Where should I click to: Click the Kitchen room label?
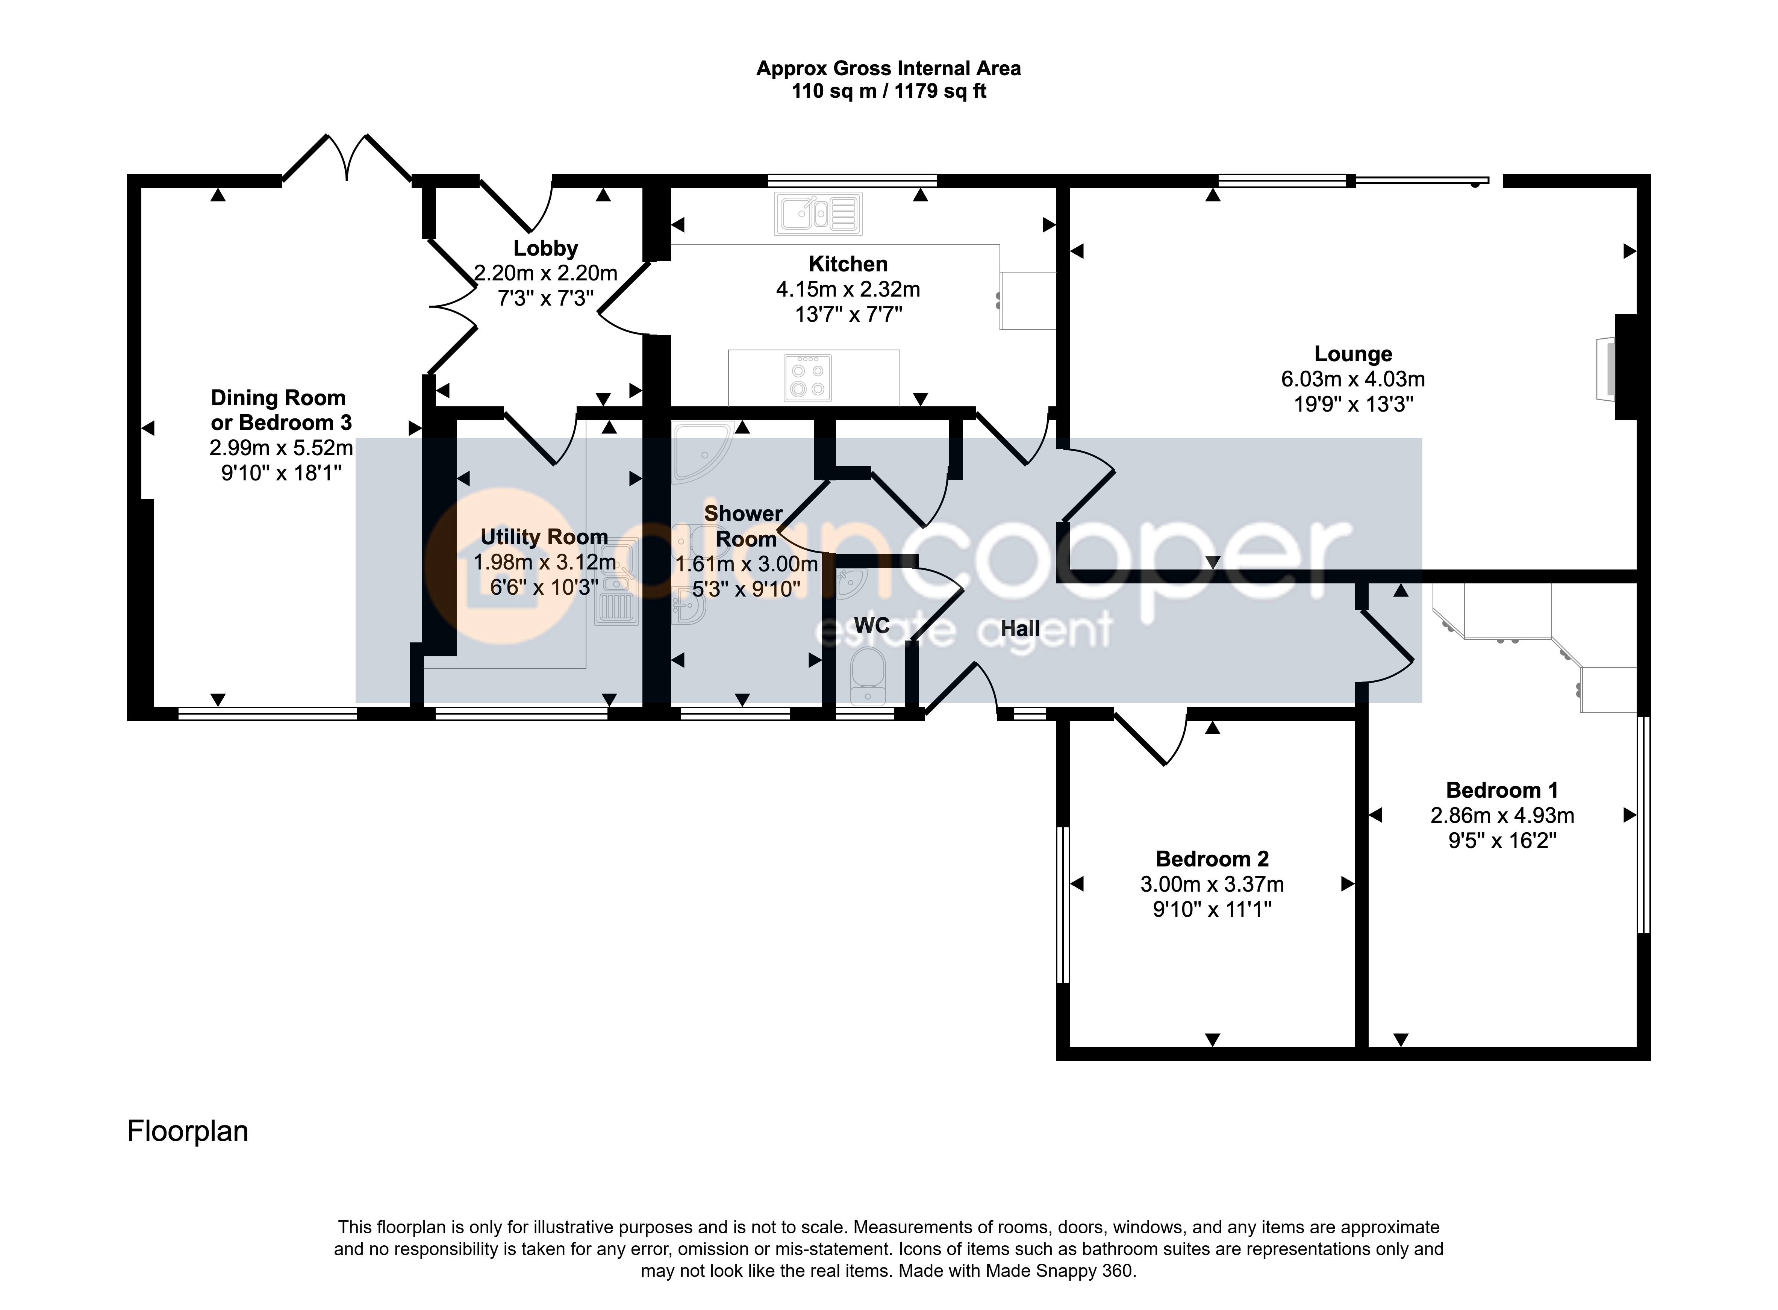(848, 264)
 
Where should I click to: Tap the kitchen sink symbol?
(818, 213)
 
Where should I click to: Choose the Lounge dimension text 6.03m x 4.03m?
(1353, 379)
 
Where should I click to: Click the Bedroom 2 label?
(1212, 859)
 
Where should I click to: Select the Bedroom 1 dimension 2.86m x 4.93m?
(1502, 815)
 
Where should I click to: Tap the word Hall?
(1020, 629)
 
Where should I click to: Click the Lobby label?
(545, 248)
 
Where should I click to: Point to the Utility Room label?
(544, 537)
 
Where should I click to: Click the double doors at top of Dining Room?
(347, 159)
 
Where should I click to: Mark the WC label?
(872, 625)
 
